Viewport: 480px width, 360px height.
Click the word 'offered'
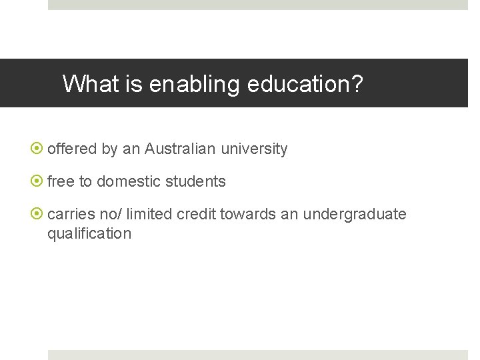coord(72,149)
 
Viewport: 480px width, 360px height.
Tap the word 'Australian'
coord(180,149)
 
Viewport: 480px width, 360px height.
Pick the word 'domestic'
coord(125,181)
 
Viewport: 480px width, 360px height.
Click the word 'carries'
coord(71,214)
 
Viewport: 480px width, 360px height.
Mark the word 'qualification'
coord(89,233)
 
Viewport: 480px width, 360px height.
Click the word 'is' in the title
coord(137,84)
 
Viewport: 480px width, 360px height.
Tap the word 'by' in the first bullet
coord(109,149)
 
